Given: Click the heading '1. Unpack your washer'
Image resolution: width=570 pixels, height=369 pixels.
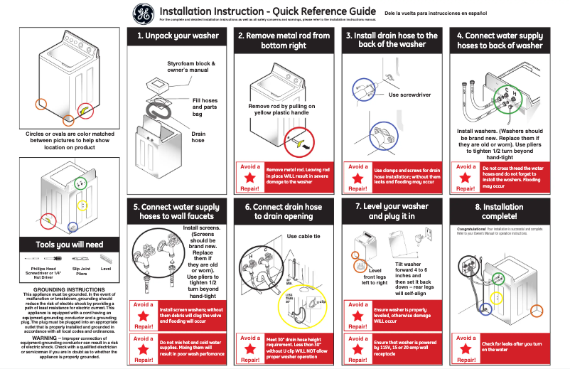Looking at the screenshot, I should click(x=177, y=36).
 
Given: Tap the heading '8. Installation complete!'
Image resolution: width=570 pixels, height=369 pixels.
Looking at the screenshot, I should click(x=499, y=211).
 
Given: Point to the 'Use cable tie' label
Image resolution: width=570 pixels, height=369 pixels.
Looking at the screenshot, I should click(x=303, y=236).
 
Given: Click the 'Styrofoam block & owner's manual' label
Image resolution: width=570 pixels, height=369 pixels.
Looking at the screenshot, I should click(x=190, y=68).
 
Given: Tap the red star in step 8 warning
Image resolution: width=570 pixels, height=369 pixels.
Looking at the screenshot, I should click(x=466, y=350).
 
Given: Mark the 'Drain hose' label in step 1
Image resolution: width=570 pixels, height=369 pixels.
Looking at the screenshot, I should click(x=199, y=137).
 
